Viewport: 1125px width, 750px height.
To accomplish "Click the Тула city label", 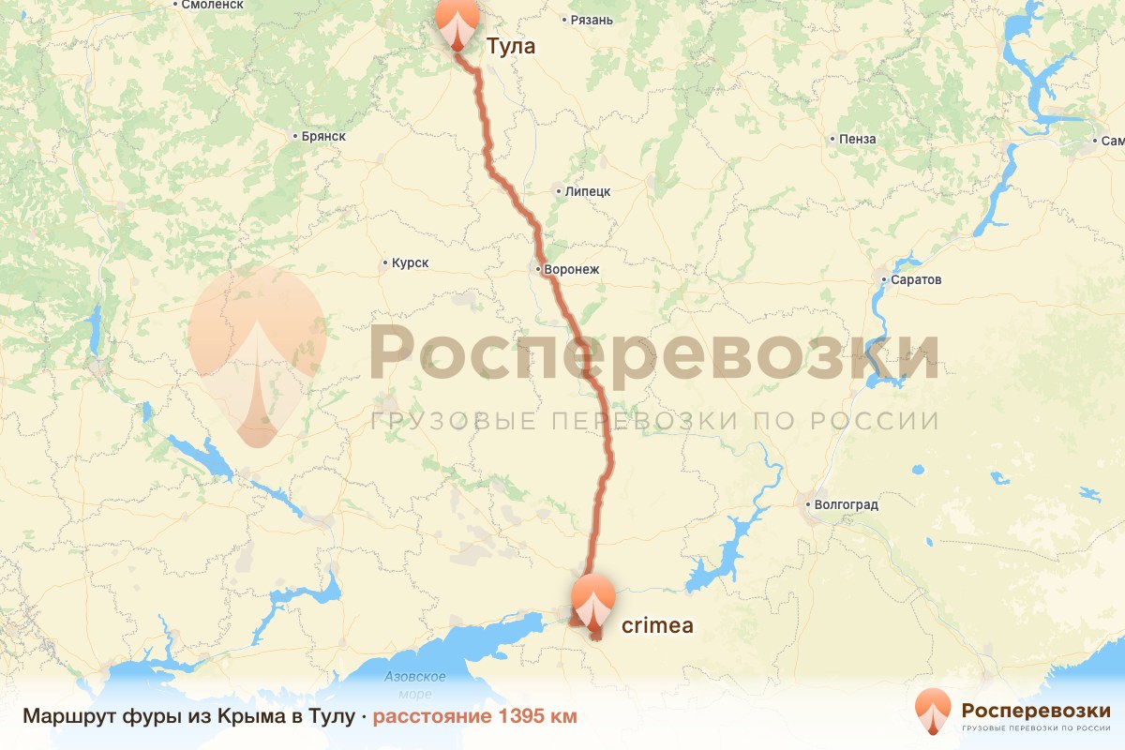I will coord(511,45).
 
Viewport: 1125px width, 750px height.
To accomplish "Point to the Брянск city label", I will coord(323,136).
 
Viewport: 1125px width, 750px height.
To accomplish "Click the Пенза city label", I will coord(858,140).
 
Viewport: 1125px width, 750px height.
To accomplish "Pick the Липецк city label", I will coord(588,191).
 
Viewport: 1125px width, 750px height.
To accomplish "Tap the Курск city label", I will coord(410,263).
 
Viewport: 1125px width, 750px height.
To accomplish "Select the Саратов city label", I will coord(919,280).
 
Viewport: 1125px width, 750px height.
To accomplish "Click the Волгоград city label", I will coord(846,505).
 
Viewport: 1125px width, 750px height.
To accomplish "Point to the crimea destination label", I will coord(657,625).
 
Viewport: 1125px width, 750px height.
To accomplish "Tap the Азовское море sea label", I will coord(415,685).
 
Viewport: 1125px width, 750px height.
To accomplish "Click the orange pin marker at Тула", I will coord(457,22).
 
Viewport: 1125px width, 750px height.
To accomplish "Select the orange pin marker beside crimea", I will coord(593,600).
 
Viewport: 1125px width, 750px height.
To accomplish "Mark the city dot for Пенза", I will coord(832,140).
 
